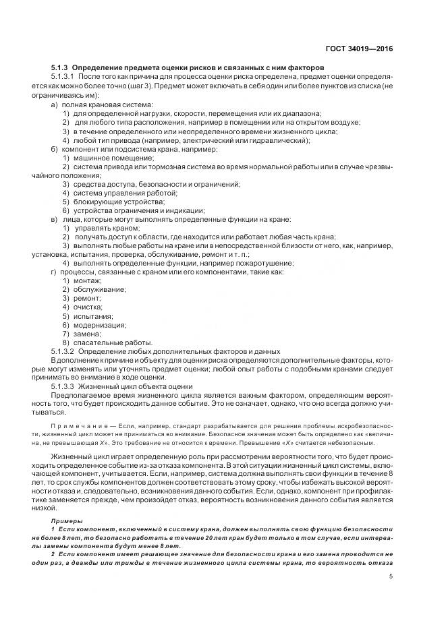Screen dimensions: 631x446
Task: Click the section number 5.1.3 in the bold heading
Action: pos(59,69)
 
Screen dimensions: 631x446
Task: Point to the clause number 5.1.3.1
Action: pos(64,78)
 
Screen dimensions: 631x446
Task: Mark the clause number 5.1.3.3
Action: pos(64,386)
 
